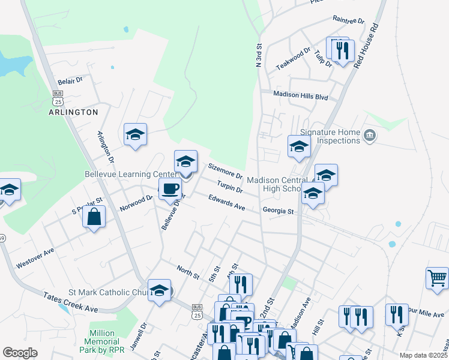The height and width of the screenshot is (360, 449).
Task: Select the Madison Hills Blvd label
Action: tap(301, 95)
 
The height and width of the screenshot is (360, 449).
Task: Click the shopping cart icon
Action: tap(437, 278)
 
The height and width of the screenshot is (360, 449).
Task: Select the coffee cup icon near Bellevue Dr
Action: tap(170, 188)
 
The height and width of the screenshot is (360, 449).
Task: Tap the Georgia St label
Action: tap(278, 211)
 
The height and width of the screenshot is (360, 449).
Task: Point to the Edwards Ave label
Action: tap(227, 202)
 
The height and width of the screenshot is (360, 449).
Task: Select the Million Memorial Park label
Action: tap(106, 341)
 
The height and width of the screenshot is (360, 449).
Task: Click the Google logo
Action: tap(20, 353)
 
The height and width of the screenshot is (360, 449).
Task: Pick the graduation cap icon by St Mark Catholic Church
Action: tap(159, 290)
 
